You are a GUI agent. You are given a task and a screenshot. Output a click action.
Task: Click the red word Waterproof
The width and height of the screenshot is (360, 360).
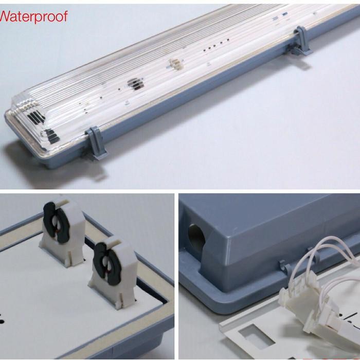point(33,17)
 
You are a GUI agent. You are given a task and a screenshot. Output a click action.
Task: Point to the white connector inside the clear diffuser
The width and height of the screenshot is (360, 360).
point(175,65)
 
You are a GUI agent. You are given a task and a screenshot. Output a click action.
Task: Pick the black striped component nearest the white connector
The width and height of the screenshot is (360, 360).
point(134,83)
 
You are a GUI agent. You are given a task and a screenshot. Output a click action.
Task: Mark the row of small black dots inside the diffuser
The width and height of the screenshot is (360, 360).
point(214,47)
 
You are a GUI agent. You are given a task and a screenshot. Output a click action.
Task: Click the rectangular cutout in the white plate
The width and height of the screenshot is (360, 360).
point(255,337)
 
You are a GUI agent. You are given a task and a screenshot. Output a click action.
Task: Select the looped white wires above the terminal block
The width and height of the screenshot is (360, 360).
point(329,257)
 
